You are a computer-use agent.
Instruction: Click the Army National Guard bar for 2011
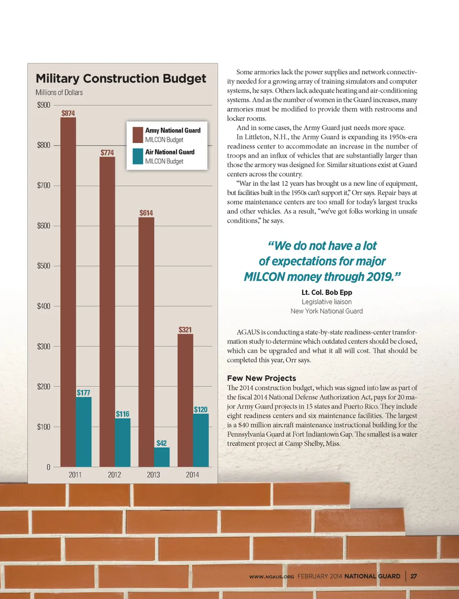click(x=68, y=292)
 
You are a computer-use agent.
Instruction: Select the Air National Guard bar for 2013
click(x=162, y=457)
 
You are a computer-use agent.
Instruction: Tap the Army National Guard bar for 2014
click(x=185, y=400)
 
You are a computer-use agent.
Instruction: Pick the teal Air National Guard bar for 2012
click(x=122, y=442)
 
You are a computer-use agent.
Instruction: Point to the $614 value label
click(x=146, y=213)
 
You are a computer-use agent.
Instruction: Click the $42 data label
click(x=162, y=443)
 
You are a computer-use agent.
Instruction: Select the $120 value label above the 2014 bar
click(x=201, y=409)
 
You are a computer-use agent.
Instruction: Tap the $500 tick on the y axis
click(x=44, y=266)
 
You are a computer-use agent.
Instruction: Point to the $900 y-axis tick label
click(x=44, y=105)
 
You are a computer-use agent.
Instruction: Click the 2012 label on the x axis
click(x=114, y=475)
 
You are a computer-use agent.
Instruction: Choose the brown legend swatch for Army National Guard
click(x=138, y=135)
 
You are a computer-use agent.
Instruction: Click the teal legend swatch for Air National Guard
click(x=138, y=157)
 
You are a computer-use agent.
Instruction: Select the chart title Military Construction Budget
click(x=121, y=79)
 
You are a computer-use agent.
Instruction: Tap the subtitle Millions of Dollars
click(x=59, y=92)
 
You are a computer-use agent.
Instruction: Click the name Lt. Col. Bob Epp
click(x=327, y=292)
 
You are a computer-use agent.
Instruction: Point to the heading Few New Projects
click(x=262, y=378)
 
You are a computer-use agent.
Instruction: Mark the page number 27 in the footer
click(x=414, y=576)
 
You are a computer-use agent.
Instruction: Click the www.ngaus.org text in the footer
click(x=272, y=576)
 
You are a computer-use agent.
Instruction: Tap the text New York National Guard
click(x=327, y=311)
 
